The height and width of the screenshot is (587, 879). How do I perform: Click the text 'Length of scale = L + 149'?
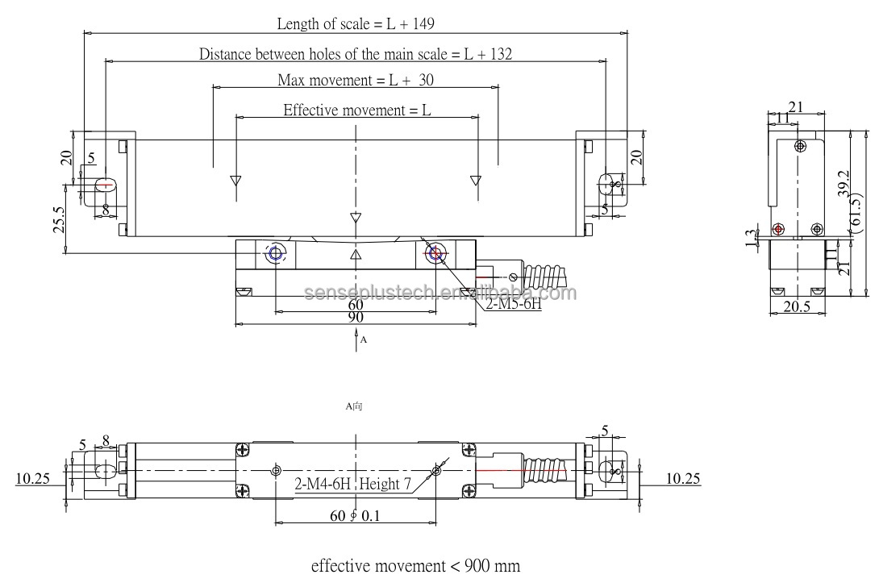(356, 24)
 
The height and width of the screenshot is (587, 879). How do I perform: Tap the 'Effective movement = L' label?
(356, 110)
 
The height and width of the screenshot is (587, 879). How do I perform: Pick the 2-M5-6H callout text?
(512, 306)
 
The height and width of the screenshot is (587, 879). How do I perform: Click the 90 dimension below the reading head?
(355, 318)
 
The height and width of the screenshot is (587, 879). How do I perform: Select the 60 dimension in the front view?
(355, 305)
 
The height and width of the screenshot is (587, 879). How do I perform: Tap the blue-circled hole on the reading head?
(275, 255)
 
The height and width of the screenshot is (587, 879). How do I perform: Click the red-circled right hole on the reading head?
(436, 255)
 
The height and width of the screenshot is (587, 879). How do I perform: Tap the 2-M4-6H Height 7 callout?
(352, 485)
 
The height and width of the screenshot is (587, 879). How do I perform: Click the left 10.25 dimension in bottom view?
(32, 479)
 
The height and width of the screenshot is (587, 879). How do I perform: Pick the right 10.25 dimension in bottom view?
(683, 479)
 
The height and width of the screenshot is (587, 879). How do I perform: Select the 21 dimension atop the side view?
(795, 106)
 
